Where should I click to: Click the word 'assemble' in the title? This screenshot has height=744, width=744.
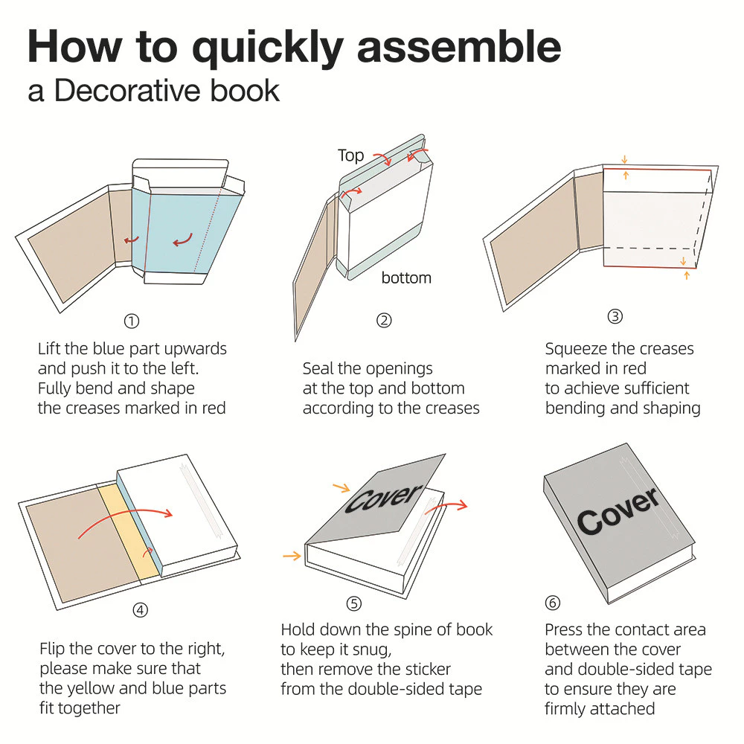[459, 46]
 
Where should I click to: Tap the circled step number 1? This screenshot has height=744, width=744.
[132, 321]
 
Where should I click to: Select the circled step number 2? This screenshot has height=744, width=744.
[384, 321]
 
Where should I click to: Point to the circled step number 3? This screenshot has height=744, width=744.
[615, 316]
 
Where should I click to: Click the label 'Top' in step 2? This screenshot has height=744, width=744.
[350, 155]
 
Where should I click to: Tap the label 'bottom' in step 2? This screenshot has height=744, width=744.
[406, 278]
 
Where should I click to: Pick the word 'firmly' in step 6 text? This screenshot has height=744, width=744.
[569, 708]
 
